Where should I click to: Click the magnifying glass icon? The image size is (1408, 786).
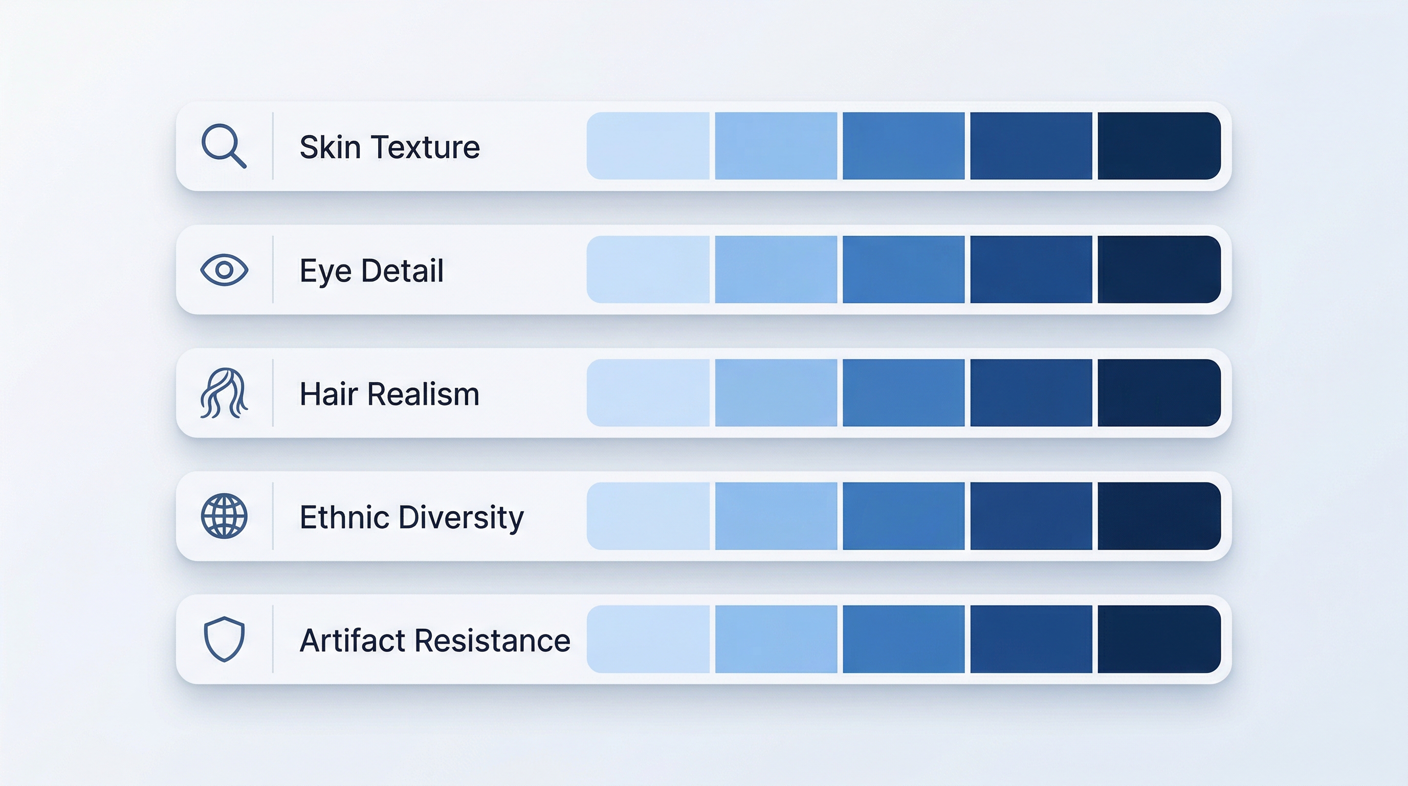tap(223, 145)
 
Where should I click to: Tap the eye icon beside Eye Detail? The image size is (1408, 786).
tap(224, 270)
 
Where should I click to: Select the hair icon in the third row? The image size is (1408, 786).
tap(224, 393)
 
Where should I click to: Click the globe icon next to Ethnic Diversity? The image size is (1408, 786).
tap(224, 516)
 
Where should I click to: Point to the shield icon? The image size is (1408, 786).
tap(224, 639)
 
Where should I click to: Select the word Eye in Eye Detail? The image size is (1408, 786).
tap(325, 271)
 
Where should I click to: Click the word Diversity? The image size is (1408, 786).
tap(461, 518)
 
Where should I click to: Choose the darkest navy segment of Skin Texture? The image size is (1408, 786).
tap(1159, 146)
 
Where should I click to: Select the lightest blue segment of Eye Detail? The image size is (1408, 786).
tap(648, 270)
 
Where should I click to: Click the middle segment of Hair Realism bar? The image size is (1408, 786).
tap(903, 392)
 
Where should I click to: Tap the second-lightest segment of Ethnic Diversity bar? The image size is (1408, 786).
tap(776, 516)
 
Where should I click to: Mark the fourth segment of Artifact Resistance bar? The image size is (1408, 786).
tap(1031, 639)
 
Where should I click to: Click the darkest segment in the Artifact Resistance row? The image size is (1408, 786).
tap(1159, 639)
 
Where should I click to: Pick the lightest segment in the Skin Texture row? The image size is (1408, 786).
tap(648, 146)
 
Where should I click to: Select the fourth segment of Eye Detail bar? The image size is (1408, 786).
tap(1031, 270)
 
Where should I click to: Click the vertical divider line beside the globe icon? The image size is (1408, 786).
tap(273, 516)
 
